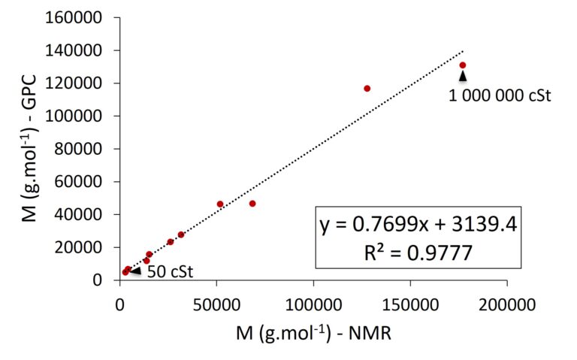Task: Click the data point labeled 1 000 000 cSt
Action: [463, 65]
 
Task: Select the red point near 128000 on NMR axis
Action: [367, 89]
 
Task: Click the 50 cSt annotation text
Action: [169, 271]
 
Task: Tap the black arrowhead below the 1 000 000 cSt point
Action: [463, 76]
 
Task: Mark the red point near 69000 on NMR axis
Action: [252, 204]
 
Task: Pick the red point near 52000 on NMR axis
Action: [220, 204]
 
